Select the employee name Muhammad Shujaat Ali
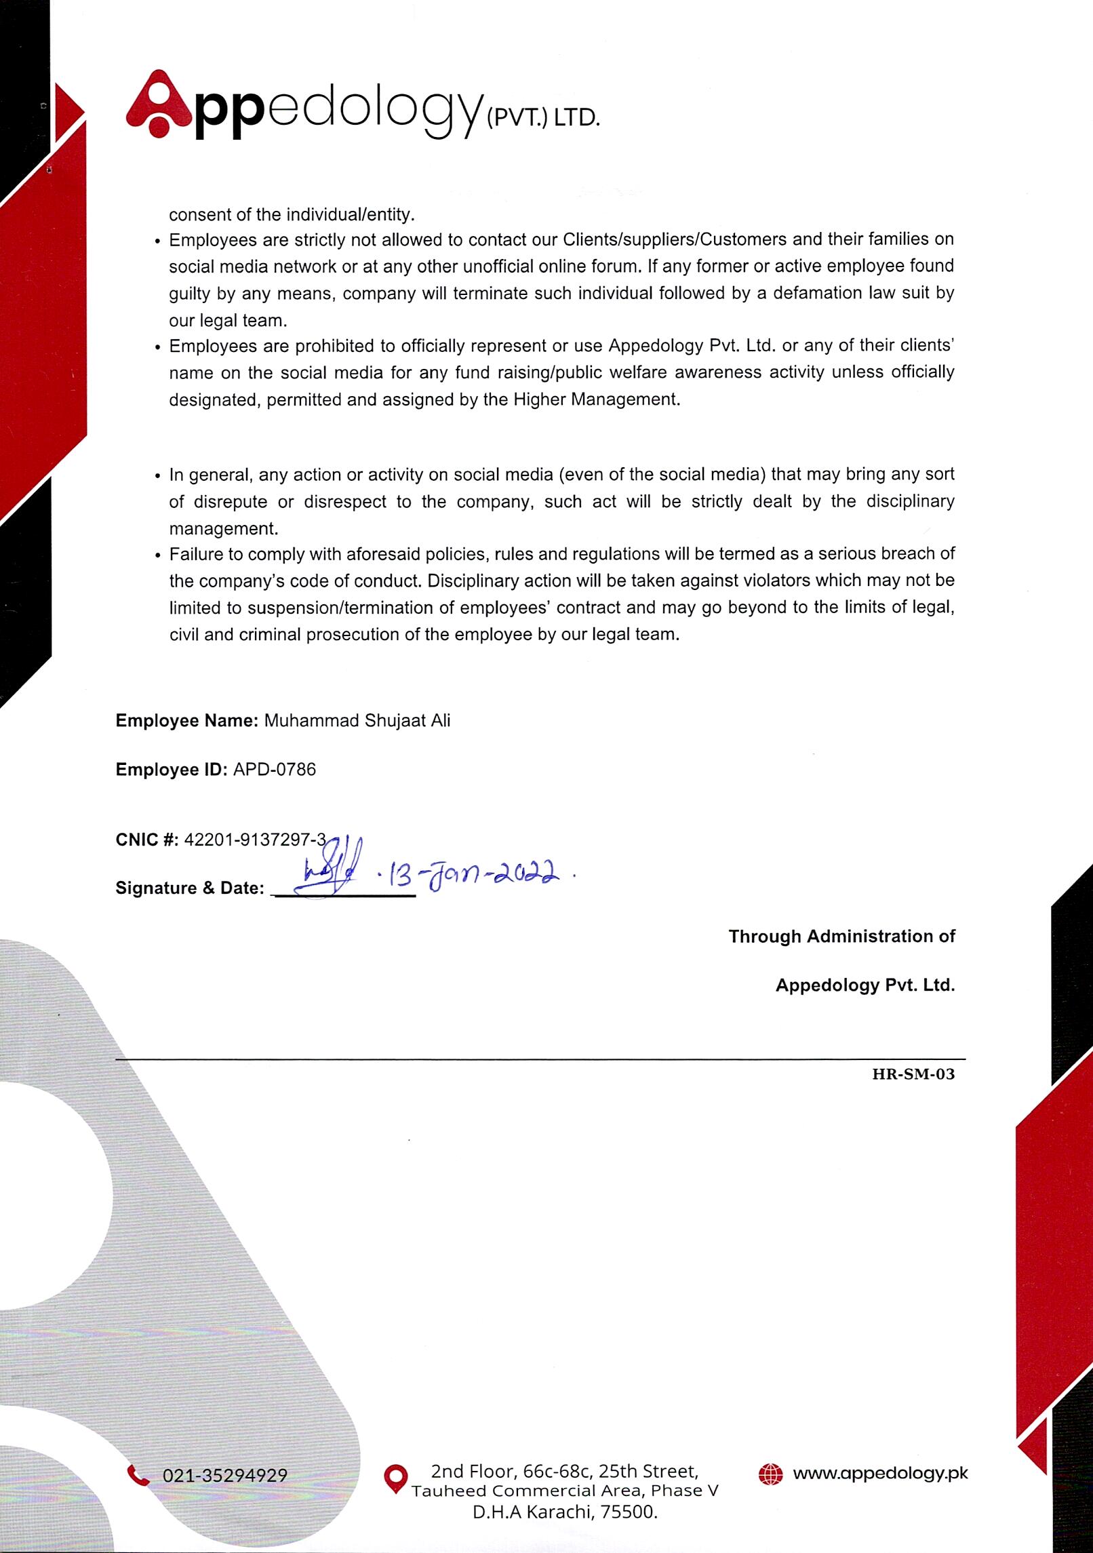pyautogui.click(x=357, y=720)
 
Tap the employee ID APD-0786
pyautogui.click(x=274, y=769)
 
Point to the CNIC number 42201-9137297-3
pyautogui.click(x=255, y=840)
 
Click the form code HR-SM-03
pyautogui.click(x=913, y=1074)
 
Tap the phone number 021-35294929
pyautogui.click(x=224, y=1475)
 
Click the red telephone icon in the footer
pyautogui.click(x=138, y=1474)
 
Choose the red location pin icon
pyautogui.click(x=395, y=1478)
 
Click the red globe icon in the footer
pyautogui.click(x=770, y=1474)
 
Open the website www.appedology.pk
pyautogui.click(x=880, y=1473)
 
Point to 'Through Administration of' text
pyautogui.click(x=841, y=937)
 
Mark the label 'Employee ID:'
pyautogui.click(x=171, y=769)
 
